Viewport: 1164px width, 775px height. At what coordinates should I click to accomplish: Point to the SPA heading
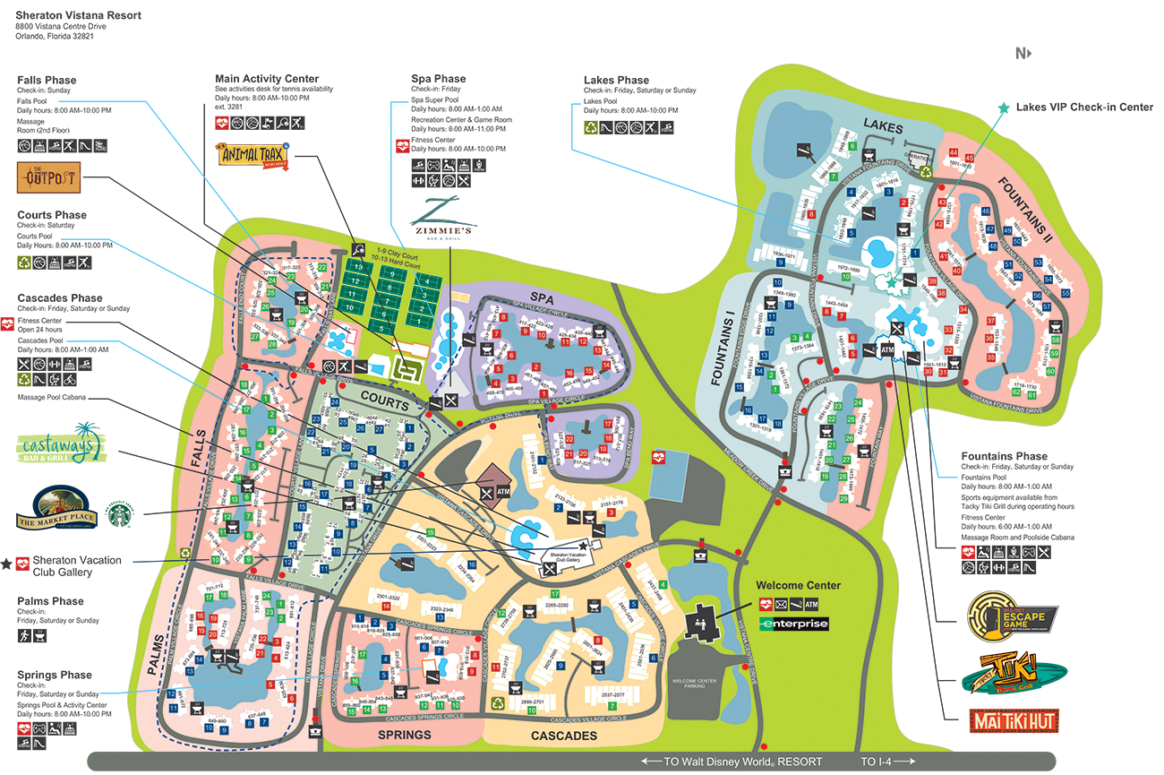[x=542, y=295]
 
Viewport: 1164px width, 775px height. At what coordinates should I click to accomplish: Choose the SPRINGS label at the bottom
[x=404, y=735]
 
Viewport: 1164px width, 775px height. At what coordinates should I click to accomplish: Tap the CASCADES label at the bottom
[x=565, y=736]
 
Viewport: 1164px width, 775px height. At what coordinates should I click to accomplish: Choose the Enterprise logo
[x=793, y=624]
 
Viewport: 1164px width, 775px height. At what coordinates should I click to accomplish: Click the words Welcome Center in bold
[x=798, y=586]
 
